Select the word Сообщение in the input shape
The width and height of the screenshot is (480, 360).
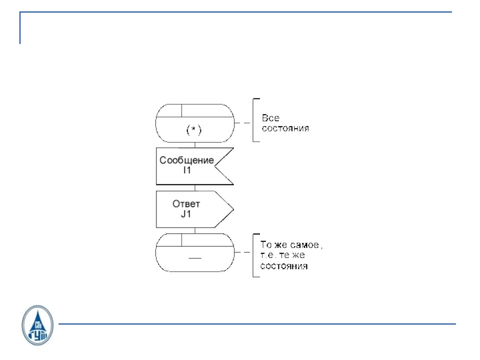pyautogui.click(x=187, y=160)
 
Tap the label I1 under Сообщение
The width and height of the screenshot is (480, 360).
pyautogui.click(x=187, y=170)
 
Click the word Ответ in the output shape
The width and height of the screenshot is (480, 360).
pyautogui.click(x=186, y=204)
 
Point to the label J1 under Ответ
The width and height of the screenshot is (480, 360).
pyautogui.click(x=186, y=214)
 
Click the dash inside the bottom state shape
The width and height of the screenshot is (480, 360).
pyautogui.click(x=194, y=258)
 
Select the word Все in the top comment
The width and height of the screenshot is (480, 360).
pyautogui.click(x=270, y=118)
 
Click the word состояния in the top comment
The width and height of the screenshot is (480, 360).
pyautogui.click(x=286, y=128)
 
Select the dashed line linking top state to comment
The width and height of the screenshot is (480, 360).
pyautogui.click(x=242, y=122)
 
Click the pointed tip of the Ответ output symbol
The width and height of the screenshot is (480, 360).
pyautogui.click(x=232, y=210)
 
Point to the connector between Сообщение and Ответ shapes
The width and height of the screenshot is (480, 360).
pyautogui.click(x=194, y=188)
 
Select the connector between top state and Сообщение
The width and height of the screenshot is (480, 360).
pyautogui.click(x=194, y=145)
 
